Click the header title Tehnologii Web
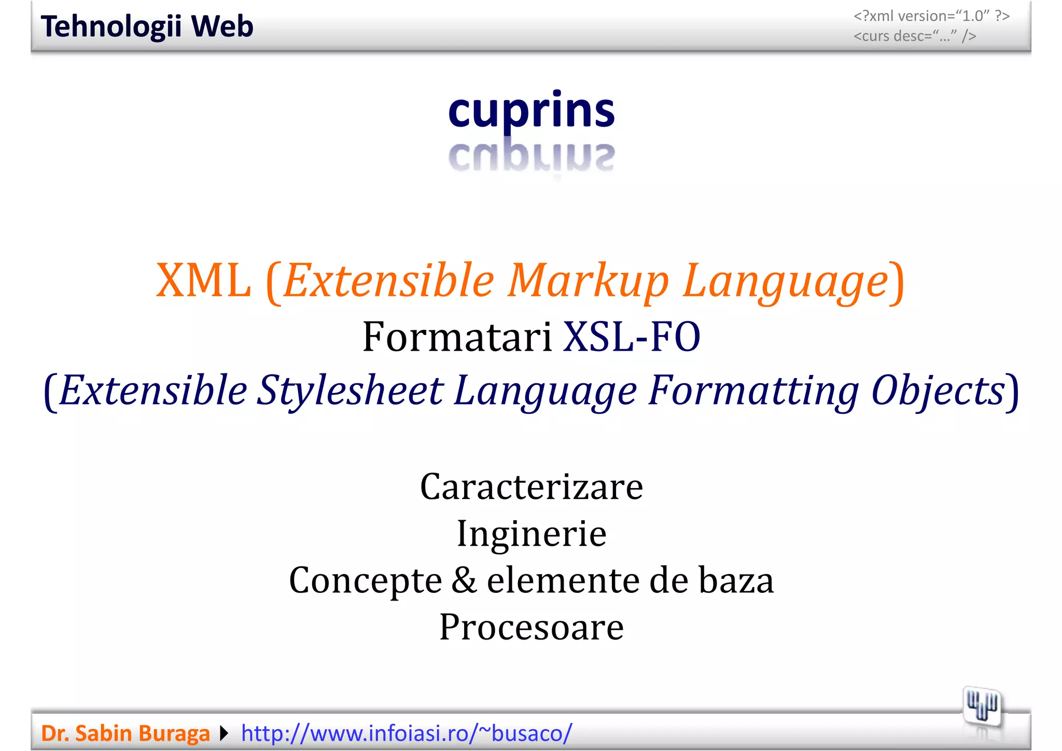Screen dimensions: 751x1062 pyautogui.click(x=147, y=26)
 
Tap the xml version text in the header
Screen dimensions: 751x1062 pyautogui.click(x=931, y=16)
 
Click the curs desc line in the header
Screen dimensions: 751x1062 pyautogui.click(x=915, y=36)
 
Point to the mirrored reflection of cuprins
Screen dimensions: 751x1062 pyautogui.click(x=531, y=157)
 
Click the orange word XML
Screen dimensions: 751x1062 pyautogui.click(x=203, y=281)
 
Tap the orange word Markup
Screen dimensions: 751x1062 pyautogui.click(x=589, y=281)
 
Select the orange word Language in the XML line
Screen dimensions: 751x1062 pyautogui.click(x=785, y=281)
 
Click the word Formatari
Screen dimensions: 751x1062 pyautogui.click(x=457, y=337)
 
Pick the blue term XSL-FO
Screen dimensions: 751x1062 pyautogui.click(x=632, y=337)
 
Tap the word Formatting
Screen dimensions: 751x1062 pyautogui.click(x=754, y=391)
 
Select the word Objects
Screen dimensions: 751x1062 pyautogui.click(x=938, y=391)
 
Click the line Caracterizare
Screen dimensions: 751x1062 pyautogui.click(x=532, y=487)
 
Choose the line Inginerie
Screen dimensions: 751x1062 pyautogui.click(x=532, y=534)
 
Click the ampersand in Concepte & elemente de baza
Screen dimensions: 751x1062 pyautogui.click(x=464, y=580)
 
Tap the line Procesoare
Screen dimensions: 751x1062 pyautogui.click(x=532, y=627)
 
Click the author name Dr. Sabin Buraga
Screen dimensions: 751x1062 pyautogui.click(x=125, y=733)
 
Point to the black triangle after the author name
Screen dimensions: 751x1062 pyautogui.click(x=224, y=733)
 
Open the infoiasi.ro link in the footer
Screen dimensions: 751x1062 pyautogui.click(x=407, y=733)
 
